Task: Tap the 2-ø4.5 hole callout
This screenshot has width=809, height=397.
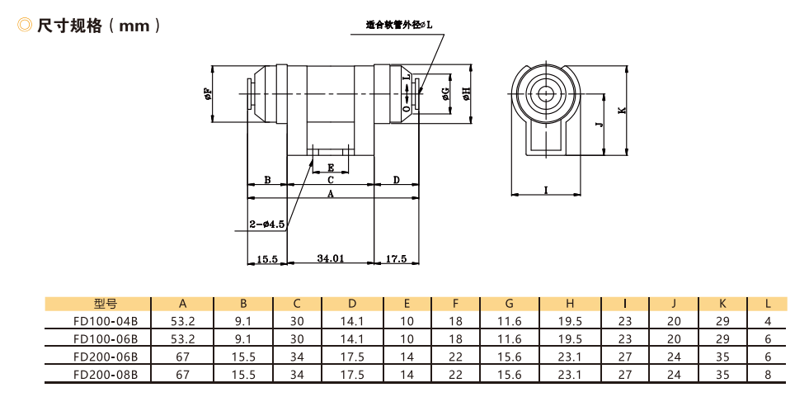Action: [267, 224]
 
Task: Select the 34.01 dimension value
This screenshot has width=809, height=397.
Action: [330, 258]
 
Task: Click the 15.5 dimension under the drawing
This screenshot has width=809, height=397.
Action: [266, 258]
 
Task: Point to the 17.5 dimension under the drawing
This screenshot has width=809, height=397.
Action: [396, 258]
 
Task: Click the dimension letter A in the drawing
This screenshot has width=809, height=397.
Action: [330, 194]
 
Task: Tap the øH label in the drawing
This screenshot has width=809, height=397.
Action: [466, 94]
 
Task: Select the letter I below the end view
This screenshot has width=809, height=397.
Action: [546, 190]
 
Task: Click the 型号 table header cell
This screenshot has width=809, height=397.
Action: [106, 304]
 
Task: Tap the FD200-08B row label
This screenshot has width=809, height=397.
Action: [106, 373]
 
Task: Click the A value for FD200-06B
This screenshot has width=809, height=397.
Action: [181, 356]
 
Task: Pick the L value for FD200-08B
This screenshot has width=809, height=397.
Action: [768, 373]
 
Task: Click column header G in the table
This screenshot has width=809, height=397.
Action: [509, 304]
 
